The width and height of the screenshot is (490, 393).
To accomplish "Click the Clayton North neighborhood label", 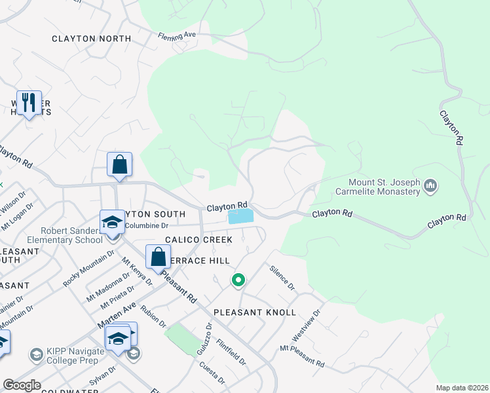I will (x=92, y=39).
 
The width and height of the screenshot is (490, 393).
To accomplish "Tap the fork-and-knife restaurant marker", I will (x=29, y=103).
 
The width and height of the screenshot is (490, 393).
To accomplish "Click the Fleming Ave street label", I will (x=177, y=35).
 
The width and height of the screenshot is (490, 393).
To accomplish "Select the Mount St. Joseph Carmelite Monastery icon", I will (x=430, y=187).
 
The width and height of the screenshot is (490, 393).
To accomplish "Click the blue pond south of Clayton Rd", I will (x=240, y=216).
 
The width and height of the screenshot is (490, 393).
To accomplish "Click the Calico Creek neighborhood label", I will (x=198, y=240).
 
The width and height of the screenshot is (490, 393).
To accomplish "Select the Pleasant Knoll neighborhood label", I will (x=254, y=312).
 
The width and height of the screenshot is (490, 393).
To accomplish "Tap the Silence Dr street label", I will (x=282, y=278).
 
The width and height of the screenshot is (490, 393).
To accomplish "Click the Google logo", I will (x=22, y=385).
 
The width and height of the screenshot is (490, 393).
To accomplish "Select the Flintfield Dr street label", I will (x=231, y=352).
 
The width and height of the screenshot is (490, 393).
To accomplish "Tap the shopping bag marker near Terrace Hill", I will (x=158, y=257).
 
